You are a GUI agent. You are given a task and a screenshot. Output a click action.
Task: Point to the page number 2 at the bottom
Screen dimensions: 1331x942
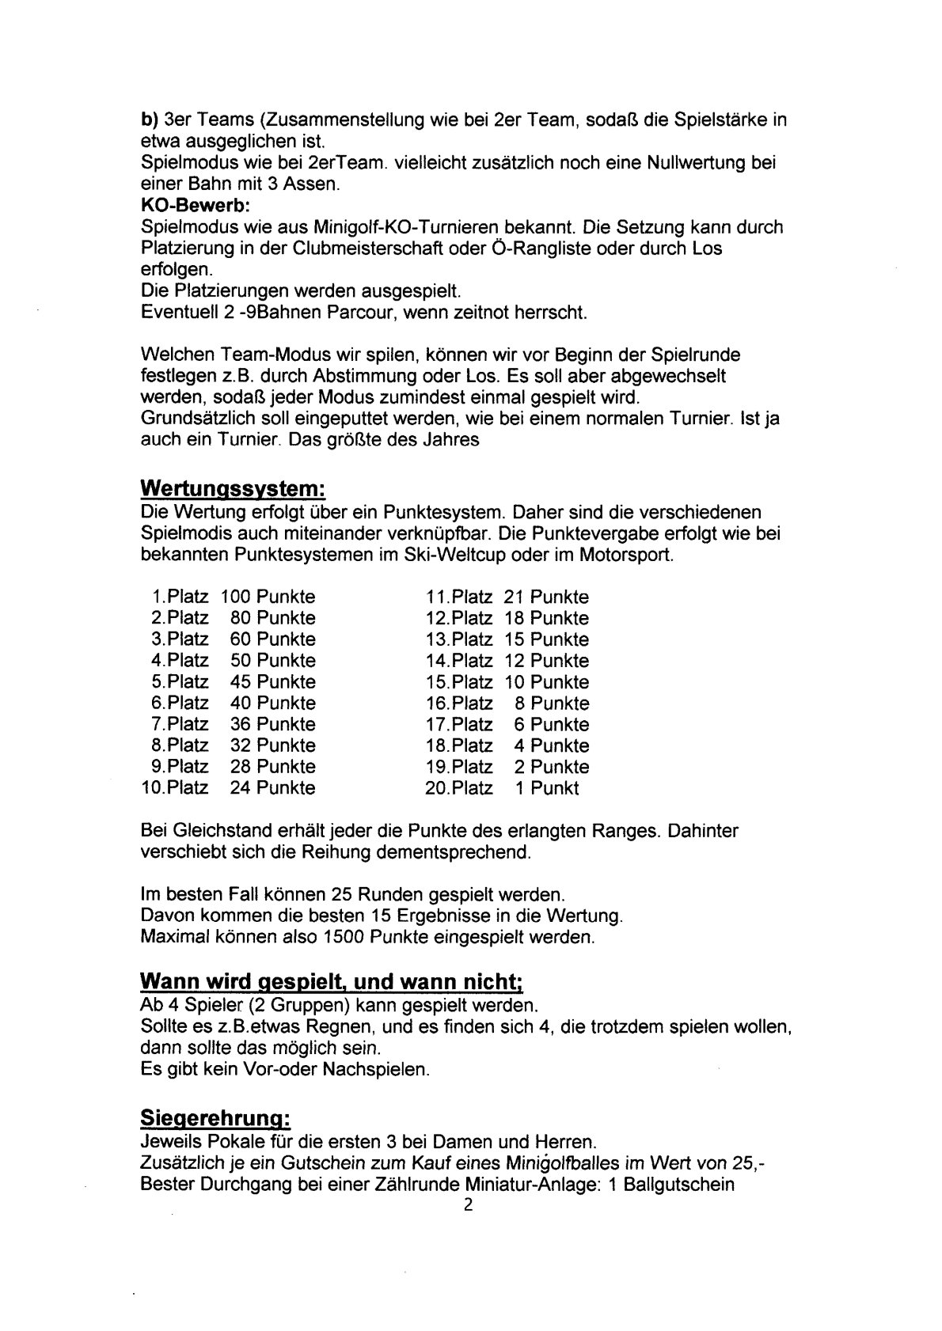(469, 1228)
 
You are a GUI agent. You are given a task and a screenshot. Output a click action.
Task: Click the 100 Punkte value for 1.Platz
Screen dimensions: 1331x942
(268, 597)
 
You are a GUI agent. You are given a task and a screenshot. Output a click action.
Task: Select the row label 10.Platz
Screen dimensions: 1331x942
(174, 788)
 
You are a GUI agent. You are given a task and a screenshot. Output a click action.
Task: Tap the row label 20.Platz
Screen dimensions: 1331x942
(459, 788)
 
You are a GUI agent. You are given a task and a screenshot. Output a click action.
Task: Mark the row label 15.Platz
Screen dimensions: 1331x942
(459, 682)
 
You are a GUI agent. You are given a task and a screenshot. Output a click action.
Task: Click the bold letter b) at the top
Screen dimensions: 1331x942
(148, 120)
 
